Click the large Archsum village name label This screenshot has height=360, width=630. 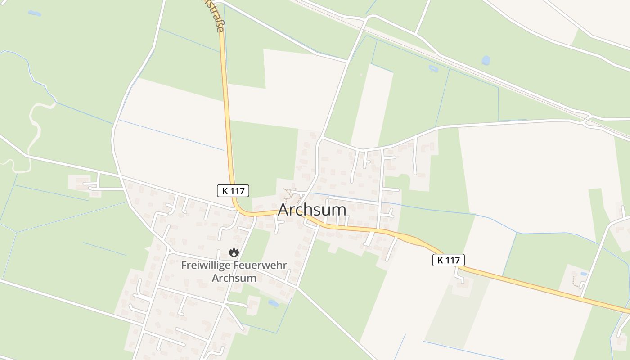click(312, 210)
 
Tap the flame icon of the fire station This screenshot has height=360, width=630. click(234, 252)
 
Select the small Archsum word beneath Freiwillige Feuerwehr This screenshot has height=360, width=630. click(234, 278)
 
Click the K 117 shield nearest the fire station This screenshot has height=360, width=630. click(233, 191)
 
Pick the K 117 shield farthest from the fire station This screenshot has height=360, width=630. click(448, 260)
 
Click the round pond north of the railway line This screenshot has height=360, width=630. click(486, 60)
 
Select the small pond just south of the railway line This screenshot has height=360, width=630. click(433, 69)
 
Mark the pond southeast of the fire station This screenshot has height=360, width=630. click(273, 303)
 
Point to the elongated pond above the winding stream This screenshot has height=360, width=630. click(34, 13)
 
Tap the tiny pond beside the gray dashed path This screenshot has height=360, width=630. click(584, 274)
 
